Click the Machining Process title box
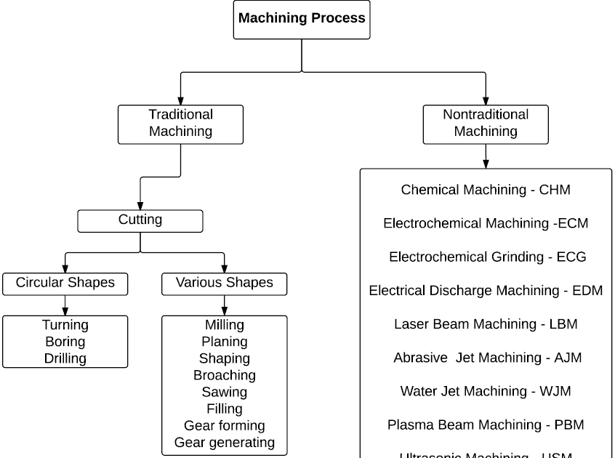(x=302, y=19)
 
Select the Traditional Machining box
(x=180, y=124)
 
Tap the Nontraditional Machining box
(x=486, y=124)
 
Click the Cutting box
(x=140, y=220)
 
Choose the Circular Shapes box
(x=65, y=284)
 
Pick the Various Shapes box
(x=224, y=284)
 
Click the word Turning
(x=65, y=325)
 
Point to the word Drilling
(x=65, y=358)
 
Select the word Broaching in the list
(x=225, y=375)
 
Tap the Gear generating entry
(x=225, y=442)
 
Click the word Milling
(x=225, y=325)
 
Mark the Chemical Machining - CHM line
(x=486, y=190)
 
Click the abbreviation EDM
(x=587, y=291)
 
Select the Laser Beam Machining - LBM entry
(x=486, y=324)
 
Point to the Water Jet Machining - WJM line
(x=486, y=391)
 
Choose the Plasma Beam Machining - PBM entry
(x=486, y=425)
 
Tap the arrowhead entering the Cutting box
(x=140, y=206)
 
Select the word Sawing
(x=225, y=392)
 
